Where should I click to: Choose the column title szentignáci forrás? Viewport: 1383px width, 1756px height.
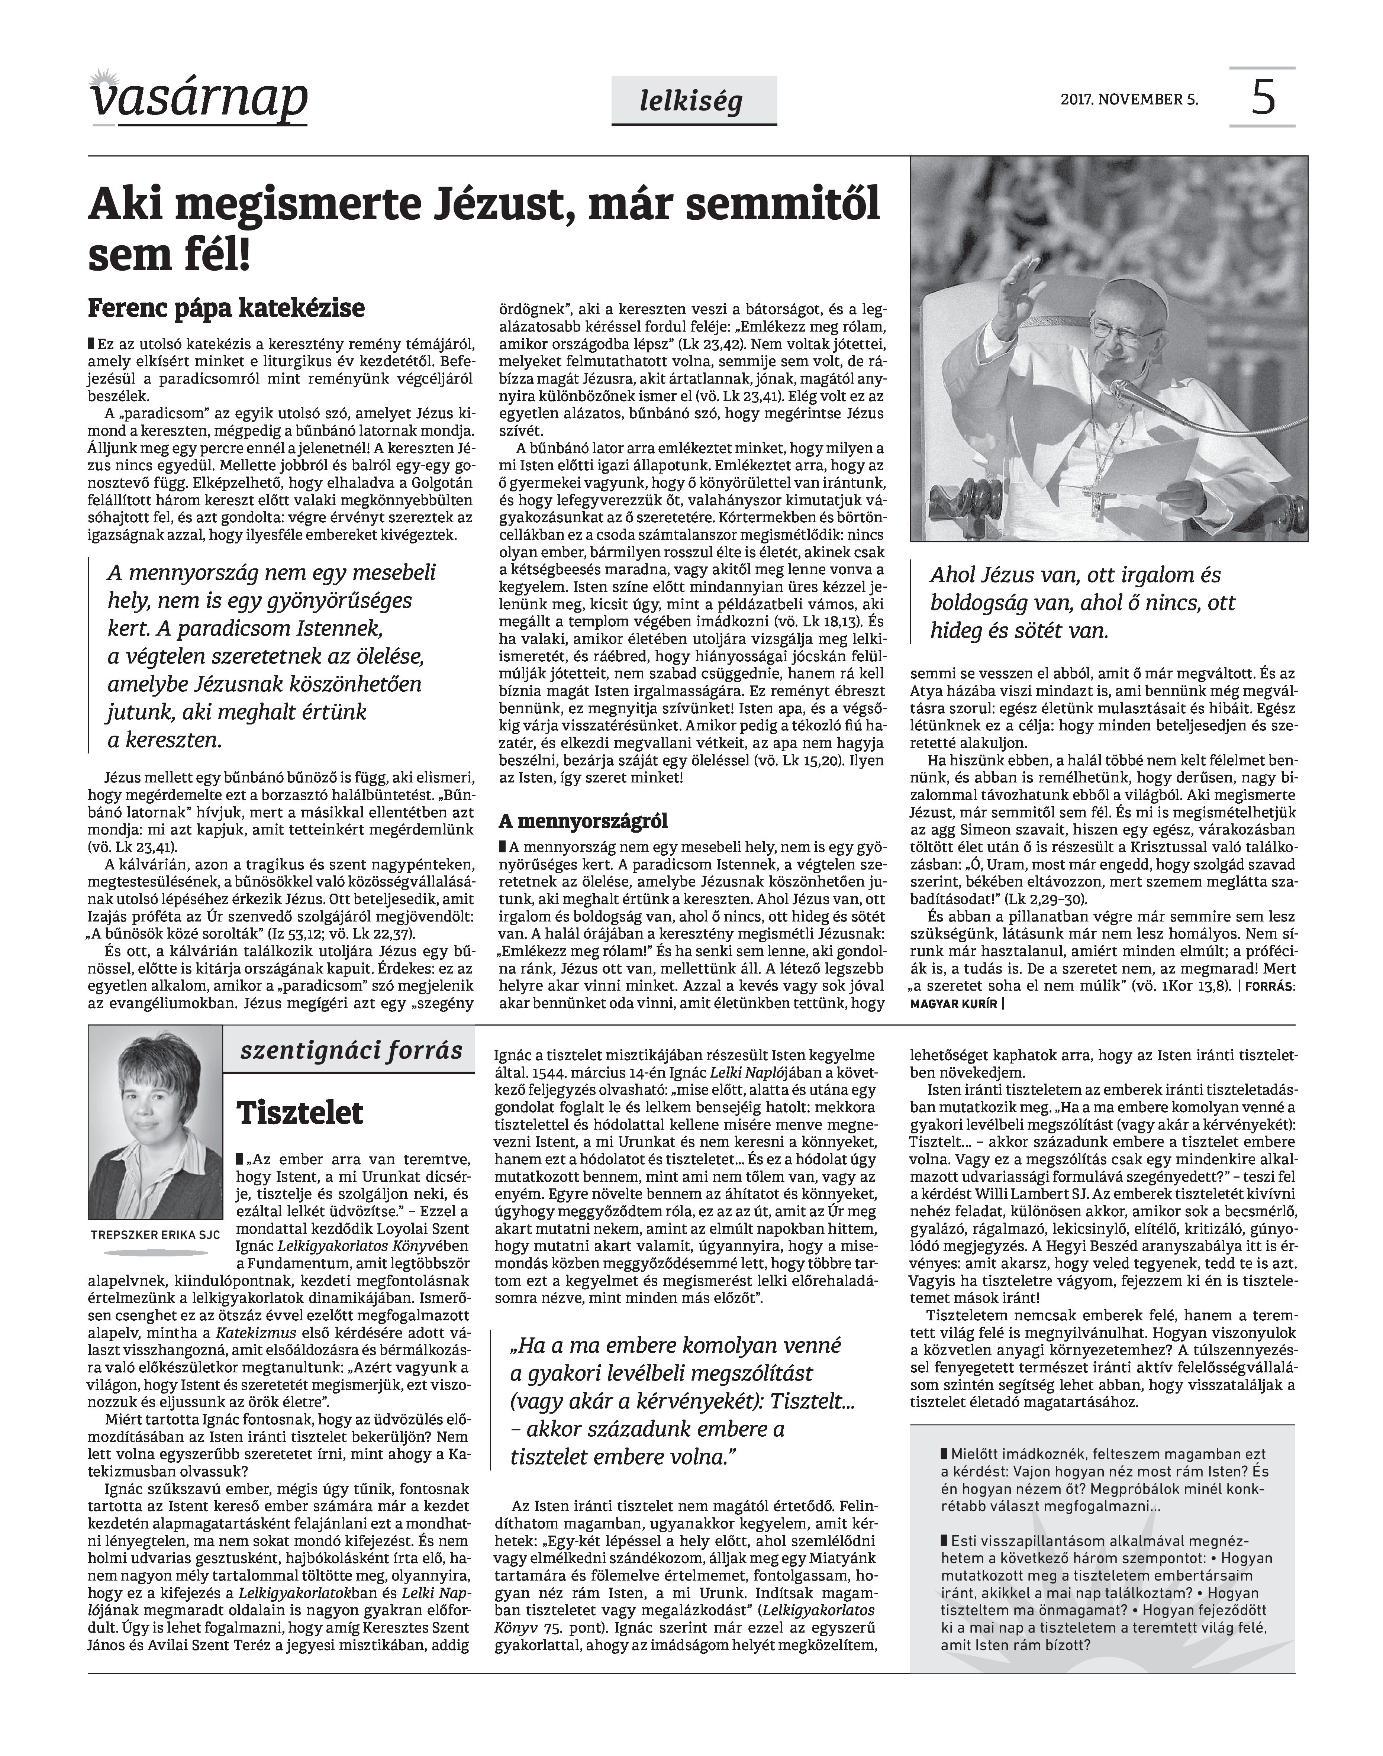coord(351,1051)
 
